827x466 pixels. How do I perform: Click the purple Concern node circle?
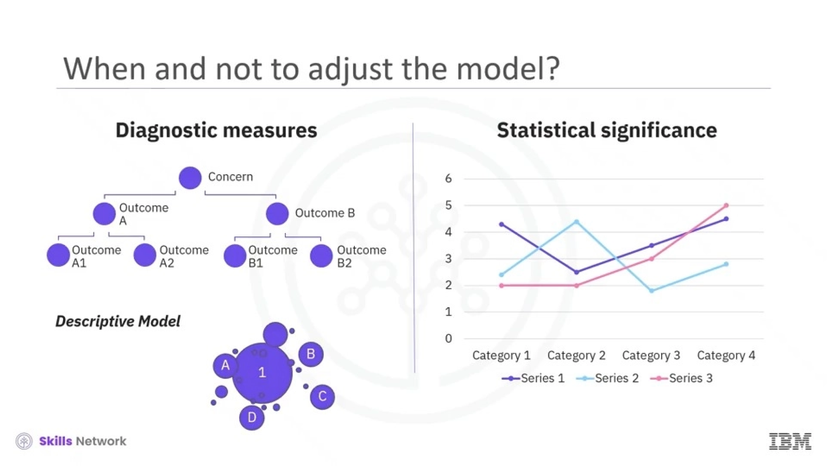click(x=190, y=178)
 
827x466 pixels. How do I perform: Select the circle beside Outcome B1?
click(x=235, y=256)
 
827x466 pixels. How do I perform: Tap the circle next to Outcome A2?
click(x=145, y=255)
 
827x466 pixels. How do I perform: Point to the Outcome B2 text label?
click(x=361, y=257)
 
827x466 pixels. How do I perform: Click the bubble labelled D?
click(x=252, y=418)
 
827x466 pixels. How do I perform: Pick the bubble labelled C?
click(x=322, y=397)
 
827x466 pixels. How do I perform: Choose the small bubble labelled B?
click(x=310, y=354)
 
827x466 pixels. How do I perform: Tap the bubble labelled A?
click(x=225, y=366)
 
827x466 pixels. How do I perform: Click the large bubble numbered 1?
click(x=262, y=373)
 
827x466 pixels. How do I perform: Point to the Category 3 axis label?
click(x=651, y=355)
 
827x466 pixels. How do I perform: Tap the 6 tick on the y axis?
click(x=448, y=179)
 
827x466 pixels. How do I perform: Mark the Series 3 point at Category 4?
click(x=726, y=205)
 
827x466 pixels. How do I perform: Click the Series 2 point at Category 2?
click(x=576, y=221)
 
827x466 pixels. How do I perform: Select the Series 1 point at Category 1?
click(x=502, y=225)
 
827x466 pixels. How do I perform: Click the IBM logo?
click(x=790, y=441)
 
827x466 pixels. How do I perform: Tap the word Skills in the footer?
click(x=56, y=441)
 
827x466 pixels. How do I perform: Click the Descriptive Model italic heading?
click(x=118, y=321)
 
